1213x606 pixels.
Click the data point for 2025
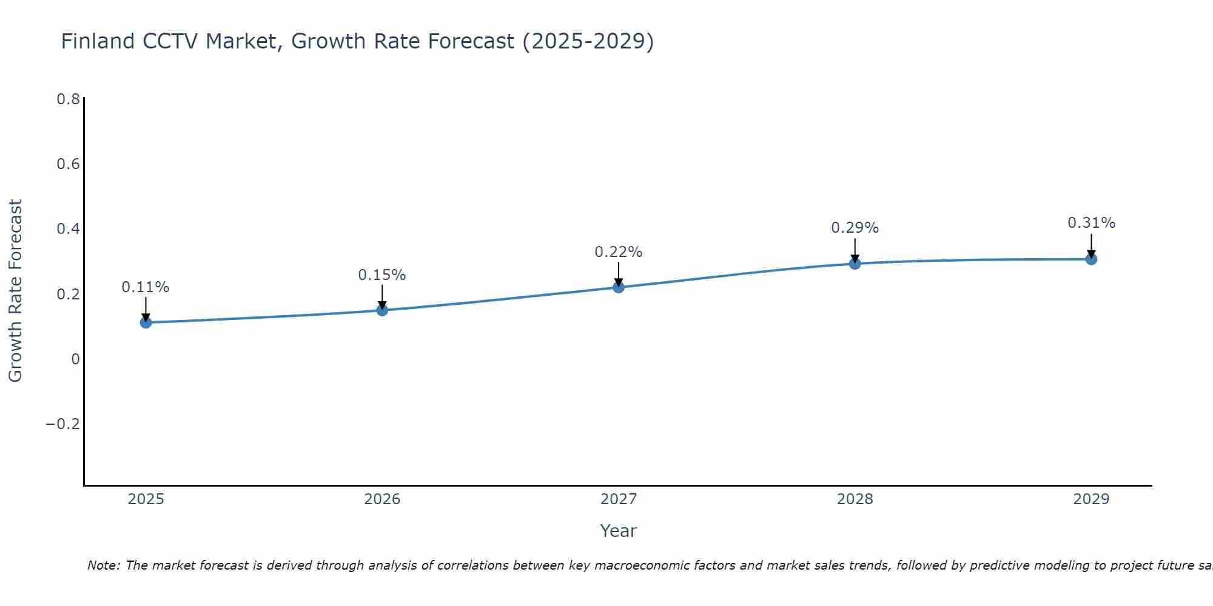point(146,322)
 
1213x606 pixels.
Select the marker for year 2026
point(382,310)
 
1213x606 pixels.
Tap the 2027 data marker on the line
point(619,287)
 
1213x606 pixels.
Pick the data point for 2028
point(855,264)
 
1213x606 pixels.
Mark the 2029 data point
point(1091,259)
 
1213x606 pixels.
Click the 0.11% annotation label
point(146,287)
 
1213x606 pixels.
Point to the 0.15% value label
point(382,275)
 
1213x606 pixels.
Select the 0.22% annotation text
point(619,252)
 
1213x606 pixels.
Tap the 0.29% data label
point(855,228)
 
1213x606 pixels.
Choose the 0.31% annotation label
point(1091,223)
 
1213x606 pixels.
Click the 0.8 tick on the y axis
point(68,99)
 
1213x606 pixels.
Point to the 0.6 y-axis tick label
point(68,164)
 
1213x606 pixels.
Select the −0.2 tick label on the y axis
point(63,424)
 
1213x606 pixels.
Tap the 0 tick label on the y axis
point(75,359)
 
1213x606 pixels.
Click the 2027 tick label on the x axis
point(619,499)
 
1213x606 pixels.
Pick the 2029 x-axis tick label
point(1091,499)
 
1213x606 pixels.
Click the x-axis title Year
point(618,531)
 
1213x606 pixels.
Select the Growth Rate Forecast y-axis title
point(15,291)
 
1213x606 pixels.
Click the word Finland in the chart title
point(98,42)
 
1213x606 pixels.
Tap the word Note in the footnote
point(104,565)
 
